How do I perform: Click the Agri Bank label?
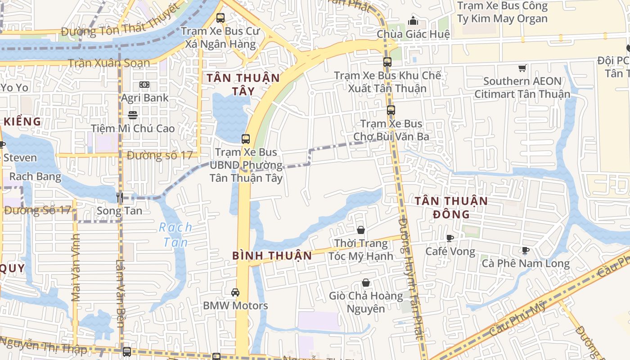click(144, 98)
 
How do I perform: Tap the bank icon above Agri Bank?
click(144, 85)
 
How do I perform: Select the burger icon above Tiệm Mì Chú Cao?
click(133, 115)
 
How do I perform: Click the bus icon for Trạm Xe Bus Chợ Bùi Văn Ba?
click(391, 110)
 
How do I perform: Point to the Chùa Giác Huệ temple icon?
click(413, 21)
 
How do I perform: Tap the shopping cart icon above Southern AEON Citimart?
click(522, 68)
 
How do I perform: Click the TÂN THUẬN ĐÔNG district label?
click(451, 207)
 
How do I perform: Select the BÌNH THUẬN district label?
click(272, 256)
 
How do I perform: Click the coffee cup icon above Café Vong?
click(450, 238)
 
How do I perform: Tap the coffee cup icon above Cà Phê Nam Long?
click(525, 250)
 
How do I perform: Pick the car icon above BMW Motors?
click(235, 292)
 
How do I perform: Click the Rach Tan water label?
click(175, 234)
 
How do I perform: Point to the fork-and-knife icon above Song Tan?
click(120, 197)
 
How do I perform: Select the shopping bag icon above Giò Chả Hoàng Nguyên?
click(366, 283)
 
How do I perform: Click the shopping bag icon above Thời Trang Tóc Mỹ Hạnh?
click(360, 230)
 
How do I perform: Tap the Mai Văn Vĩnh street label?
click(76, 274)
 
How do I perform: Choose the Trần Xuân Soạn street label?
click(108, 63)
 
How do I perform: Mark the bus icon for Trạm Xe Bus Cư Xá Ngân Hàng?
click(220, 18)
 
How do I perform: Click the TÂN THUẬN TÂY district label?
click(243, 85)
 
